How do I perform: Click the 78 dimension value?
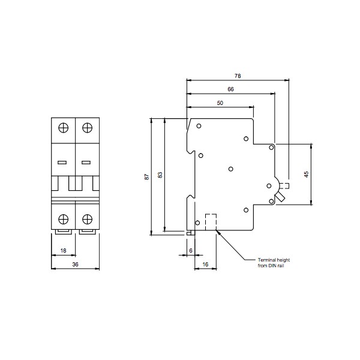(238, 76)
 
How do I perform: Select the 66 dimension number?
(230, 89)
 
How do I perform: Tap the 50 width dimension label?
(220, 103)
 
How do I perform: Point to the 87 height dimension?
(146, 177)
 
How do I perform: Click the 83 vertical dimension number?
(160, 175)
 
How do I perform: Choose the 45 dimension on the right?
(307, 175)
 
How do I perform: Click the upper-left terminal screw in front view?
(64, 128)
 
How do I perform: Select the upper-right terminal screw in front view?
(87, 128)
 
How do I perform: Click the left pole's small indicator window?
(62, 162)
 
